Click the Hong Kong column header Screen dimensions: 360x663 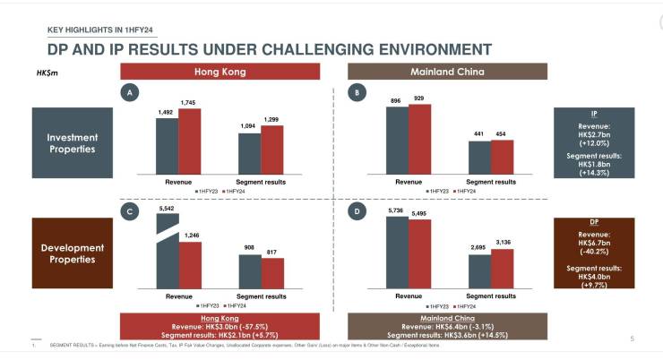click(x=220, y=72)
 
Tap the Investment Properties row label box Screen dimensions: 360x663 click(x=73, y=143)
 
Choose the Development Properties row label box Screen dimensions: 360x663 click(x=73, y=253)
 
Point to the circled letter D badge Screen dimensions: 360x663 click(x=357, y=211)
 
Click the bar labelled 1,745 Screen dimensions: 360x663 click(x=189, y=141)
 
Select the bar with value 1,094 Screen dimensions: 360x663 click(x=249, y=153)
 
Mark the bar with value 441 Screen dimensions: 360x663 click(x=479, y=158)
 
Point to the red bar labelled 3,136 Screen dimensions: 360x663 click(x=503, y=268)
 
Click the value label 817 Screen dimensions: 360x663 click(x=272, y=253)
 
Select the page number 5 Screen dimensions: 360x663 click(x=632, y=338)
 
